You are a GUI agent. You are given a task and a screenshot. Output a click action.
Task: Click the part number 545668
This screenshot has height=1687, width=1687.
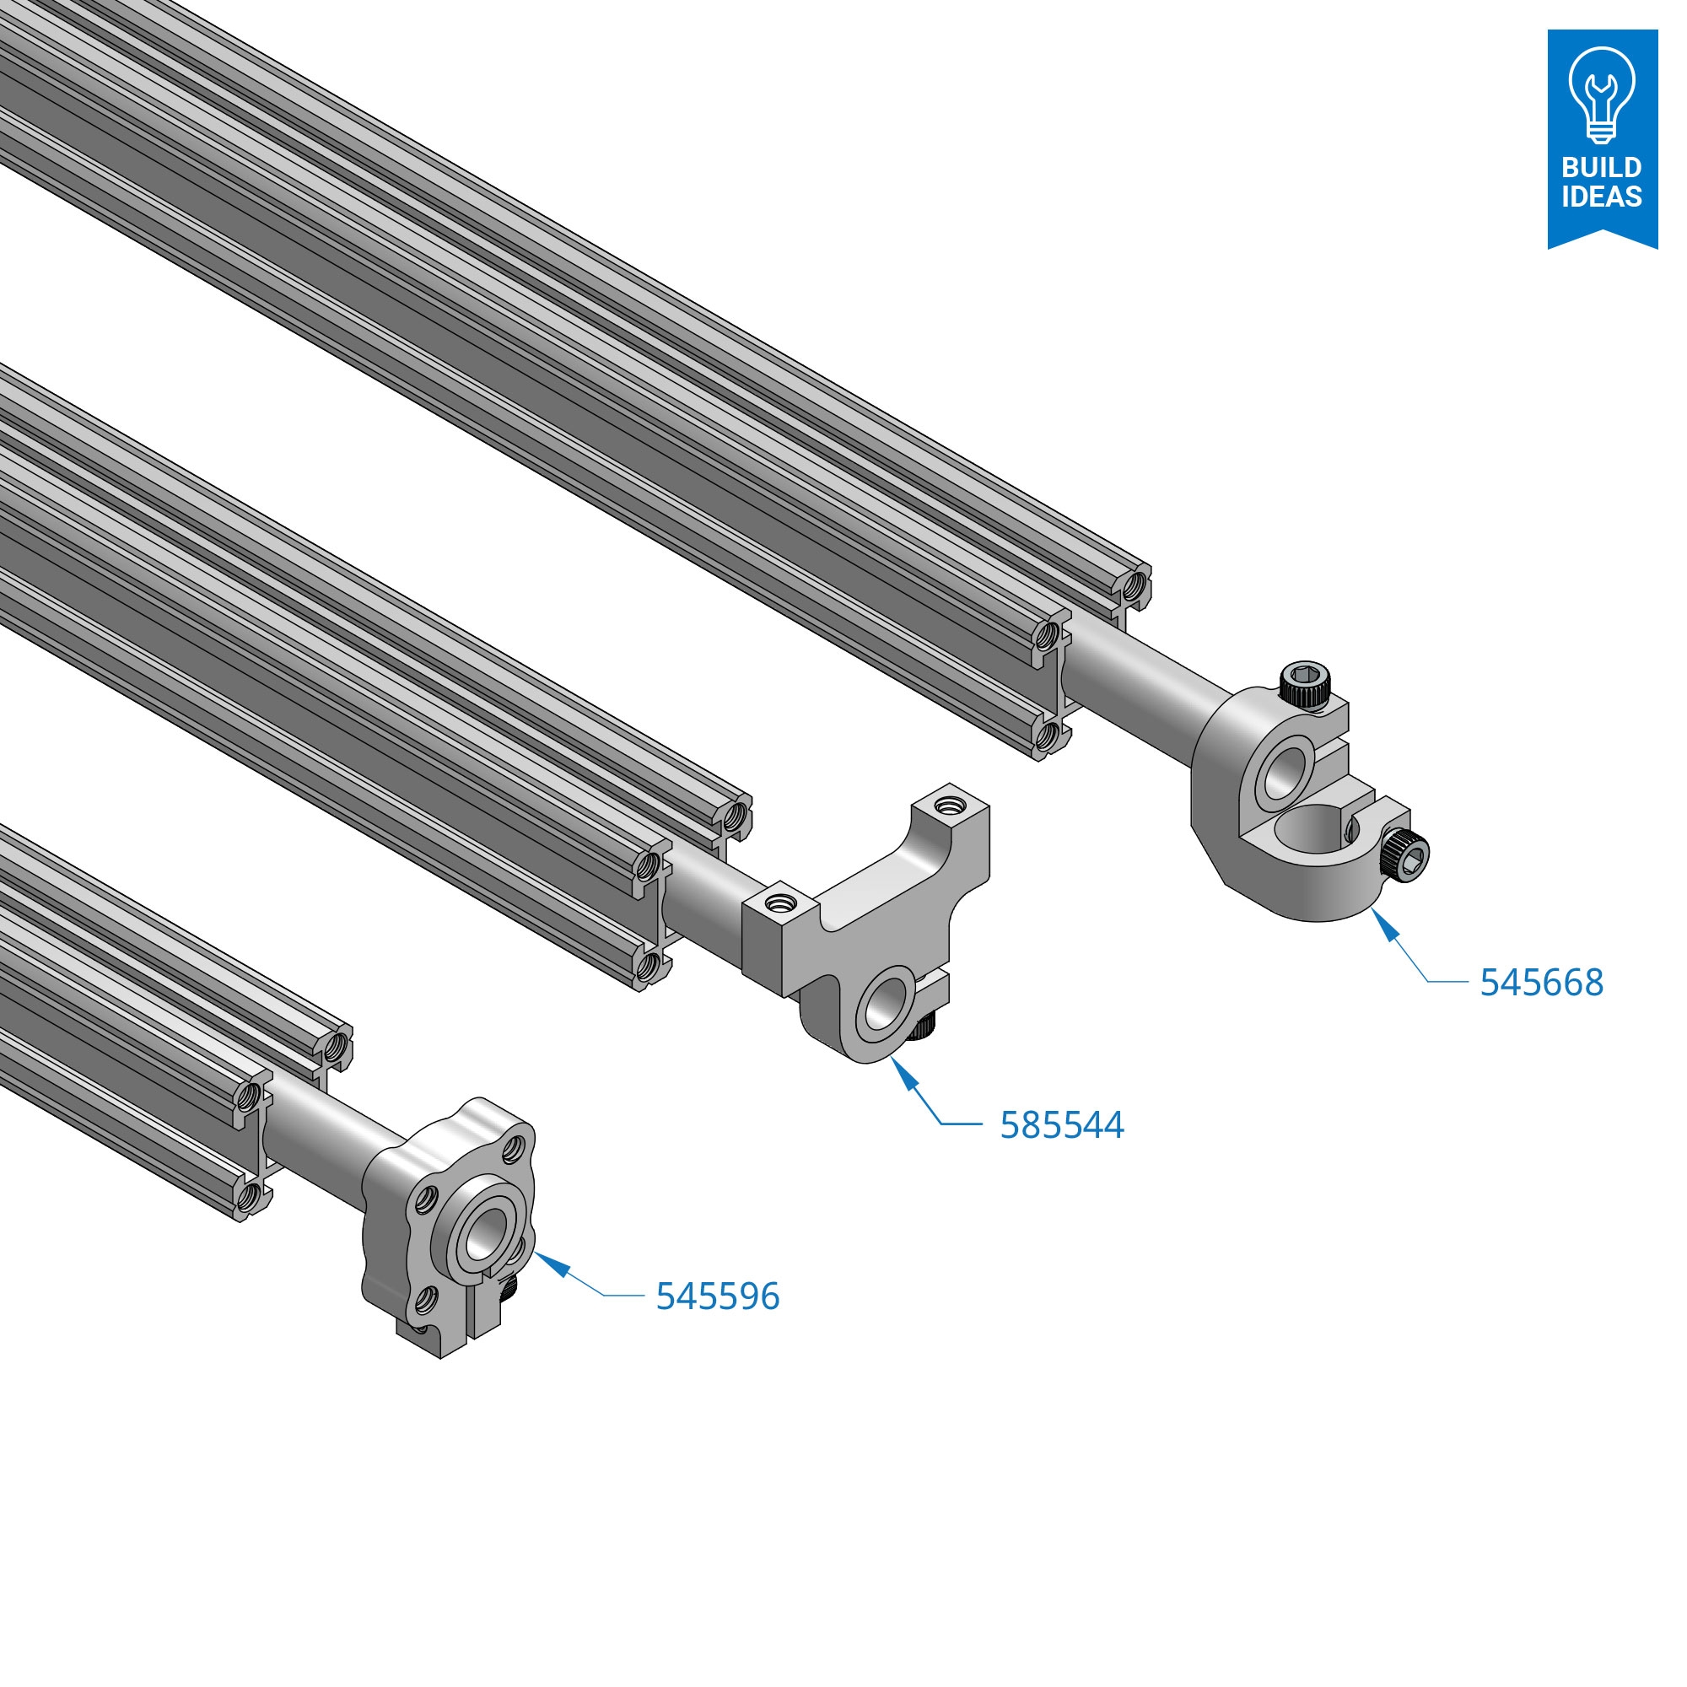1541,983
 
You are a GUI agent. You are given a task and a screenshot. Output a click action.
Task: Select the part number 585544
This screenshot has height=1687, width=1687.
1062,1124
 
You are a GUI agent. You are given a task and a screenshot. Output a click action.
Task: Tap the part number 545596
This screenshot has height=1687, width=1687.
718,1296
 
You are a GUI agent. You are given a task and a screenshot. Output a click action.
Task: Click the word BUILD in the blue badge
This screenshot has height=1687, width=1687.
1602,167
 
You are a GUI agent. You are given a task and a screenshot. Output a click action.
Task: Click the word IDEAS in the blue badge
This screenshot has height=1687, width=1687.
1602,197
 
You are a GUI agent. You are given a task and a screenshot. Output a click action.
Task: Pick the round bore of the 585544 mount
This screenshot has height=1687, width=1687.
887,1002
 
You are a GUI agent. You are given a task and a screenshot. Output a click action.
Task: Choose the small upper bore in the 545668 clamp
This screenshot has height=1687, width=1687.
1286,769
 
